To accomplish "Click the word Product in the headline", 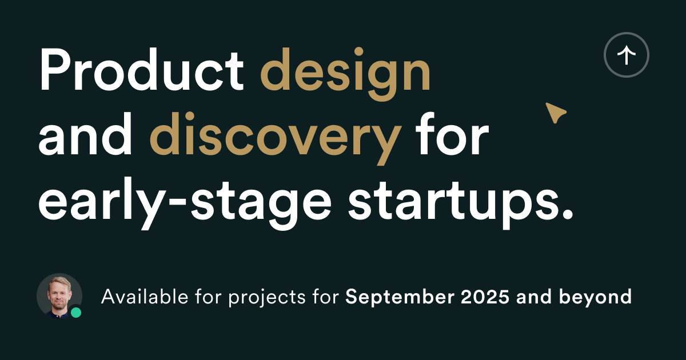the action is [141, 70].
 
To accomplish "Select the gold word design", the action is [345, 74].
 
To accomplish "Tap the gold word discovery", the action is [276, 138].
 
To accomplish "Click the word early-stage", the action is [185, 203].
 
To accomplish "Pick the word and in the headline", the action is [85, 134].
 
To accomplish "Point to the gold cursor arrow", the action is [556, 113].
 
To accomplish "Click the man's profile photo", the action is [59, 296].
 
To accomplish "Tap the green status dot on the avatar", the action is [76, 313].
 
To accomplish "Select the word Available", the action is [145, 297].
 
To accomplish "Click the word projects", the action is [267, 298].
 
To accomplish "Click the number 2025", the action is [485, 297].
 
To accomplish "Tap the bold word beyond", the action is [595, 297].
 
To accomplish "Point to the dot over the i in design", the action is [359, 51].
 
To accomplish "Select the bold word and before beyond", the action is [535, 297].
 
